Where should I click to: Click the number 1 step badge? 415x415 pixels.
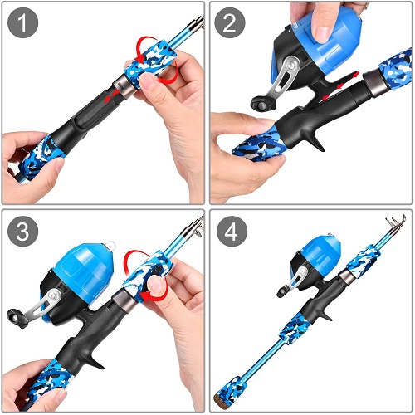(x=22, y=24)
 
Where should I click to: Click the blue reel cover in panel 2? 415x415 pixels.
(x=312, y=41)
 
